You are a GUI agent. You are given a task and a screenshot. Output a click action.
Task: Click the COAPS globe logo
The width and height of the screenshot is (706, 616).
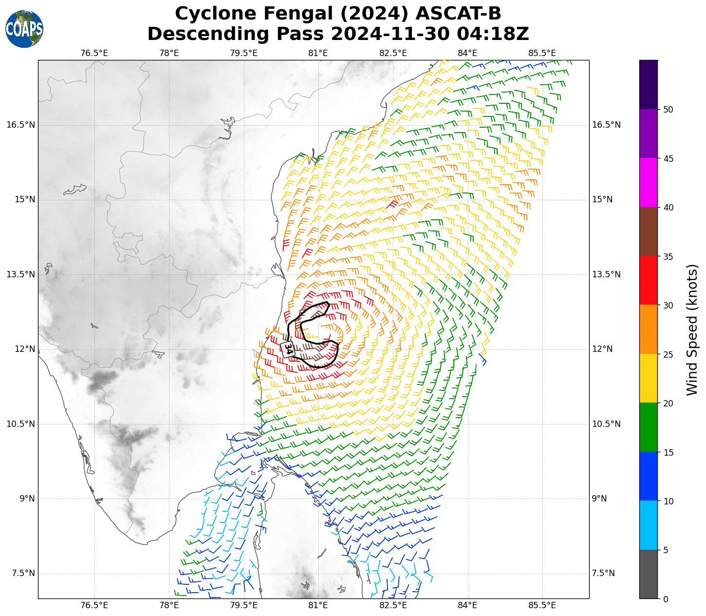[24, 29]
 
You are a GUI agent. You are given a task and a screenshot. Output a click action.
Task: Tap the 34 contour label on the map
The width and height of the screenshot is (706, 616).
[288, 349]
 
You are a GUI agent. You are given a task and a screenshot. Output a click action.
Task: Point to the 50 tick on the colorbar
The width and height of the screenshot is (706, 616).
[668, 110]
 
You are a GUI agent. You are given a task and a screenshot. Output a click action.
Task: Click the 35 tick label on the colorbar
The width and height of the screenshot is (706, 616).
[668, 257]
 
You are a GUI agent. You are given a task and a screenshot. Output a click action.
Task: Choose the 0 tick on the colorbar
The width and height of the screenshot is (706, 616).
[666, 599]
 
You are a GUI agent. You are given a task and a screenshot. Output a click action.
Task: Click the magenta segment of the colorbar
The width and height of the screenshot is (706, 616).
[649, 183]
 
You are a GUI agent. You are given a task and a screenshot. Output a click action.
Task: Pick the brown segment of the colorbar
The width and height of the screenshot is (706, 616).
[649, 232]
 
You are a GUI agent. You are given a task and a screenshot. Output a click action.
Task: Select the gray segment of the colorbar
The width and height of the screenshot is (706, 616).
[649, 574]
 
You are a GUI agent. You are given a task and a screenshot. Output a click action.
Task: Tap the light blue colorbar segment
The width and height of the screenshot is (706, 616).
[649, 525]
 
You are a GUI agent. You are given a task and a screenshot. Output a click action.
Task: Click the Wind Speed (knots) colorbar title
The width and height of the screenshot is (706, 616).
[692, 329]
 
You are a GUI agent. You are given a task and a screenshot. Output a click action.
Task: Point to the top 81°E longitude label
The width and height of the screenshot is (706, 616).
[318, 53]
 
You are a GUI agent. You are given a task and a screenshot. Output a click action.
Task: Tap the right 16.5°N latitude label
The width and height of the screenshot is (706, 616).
[606, 125]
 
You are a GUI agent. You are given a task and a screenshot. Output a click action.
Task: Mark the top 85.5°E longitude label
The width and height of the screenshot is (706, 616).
[542, 53]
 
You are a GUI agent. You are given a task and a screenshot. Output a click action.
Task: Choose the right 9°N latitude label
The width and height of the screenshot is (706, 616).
[599, 499]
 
